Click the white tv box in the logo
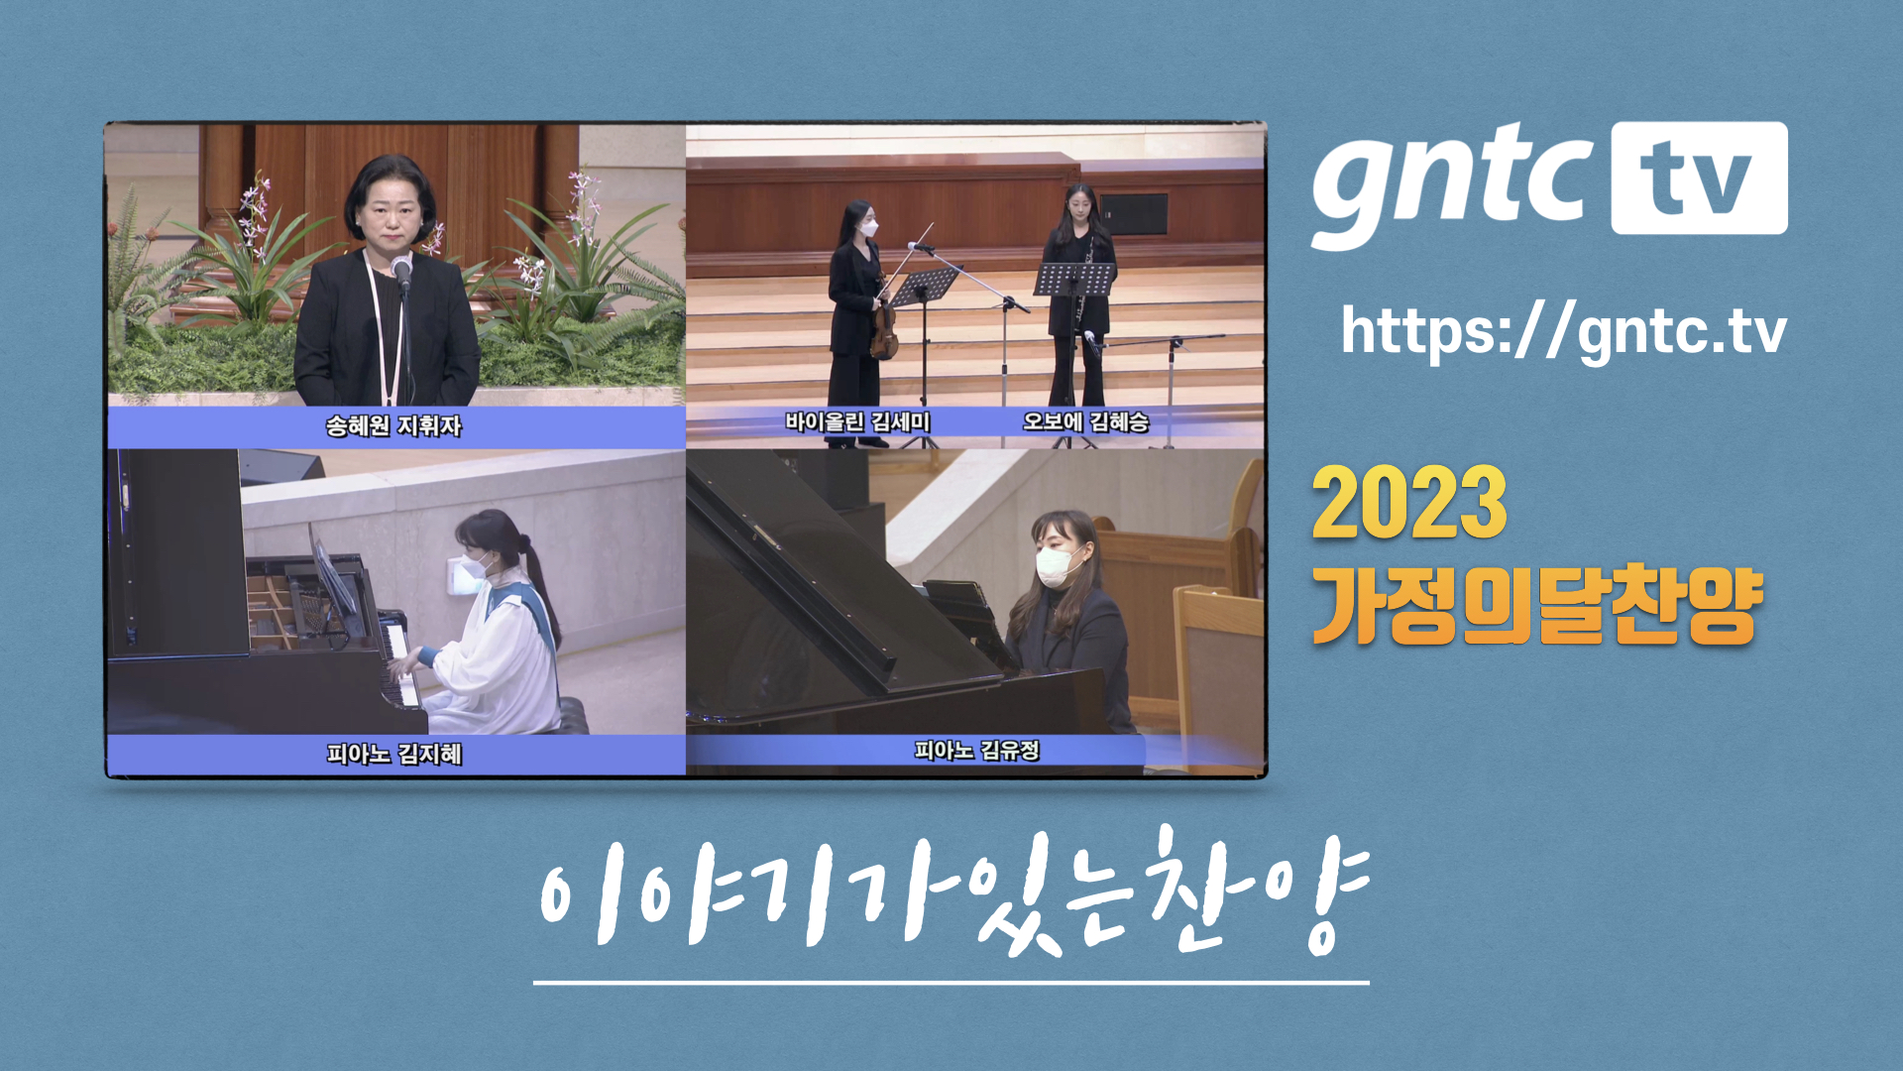pos(1698,178)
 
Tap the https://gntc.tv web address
pos(1563,331)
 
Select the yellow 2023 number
pos(1408,504)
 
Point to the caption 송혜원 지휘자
pos(393,426)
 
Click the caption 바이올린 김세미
pos(857,422)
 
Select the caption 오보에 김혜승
pos(1085,422)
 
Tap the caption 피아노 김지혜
pos(393,755)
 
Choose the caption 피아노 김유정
pos(976,751)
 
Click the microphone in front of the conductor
pos(401,270)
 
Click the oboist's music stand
pos(1073,280)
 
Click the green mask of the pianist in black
pos(1056,565)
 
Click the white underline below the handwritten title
pos(951,983)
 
